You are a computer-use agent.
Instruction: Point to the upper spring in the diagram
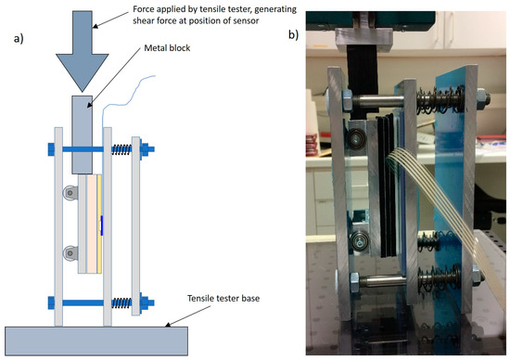coord(121,148)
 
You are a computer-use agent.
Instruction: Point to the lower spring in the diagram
coord(121,302)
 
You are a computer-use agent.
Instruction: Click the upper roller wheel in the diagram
coord(68,193)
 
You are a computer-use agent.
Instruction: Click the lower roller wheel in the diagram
coord(68,252)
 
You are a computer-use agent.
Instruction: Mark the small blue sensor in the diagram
coord(102,223)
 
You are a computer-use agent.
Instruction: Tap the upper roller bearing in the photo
coord(356,139)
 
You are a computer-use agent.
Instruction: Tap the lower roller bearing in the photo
coord(358,243)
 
